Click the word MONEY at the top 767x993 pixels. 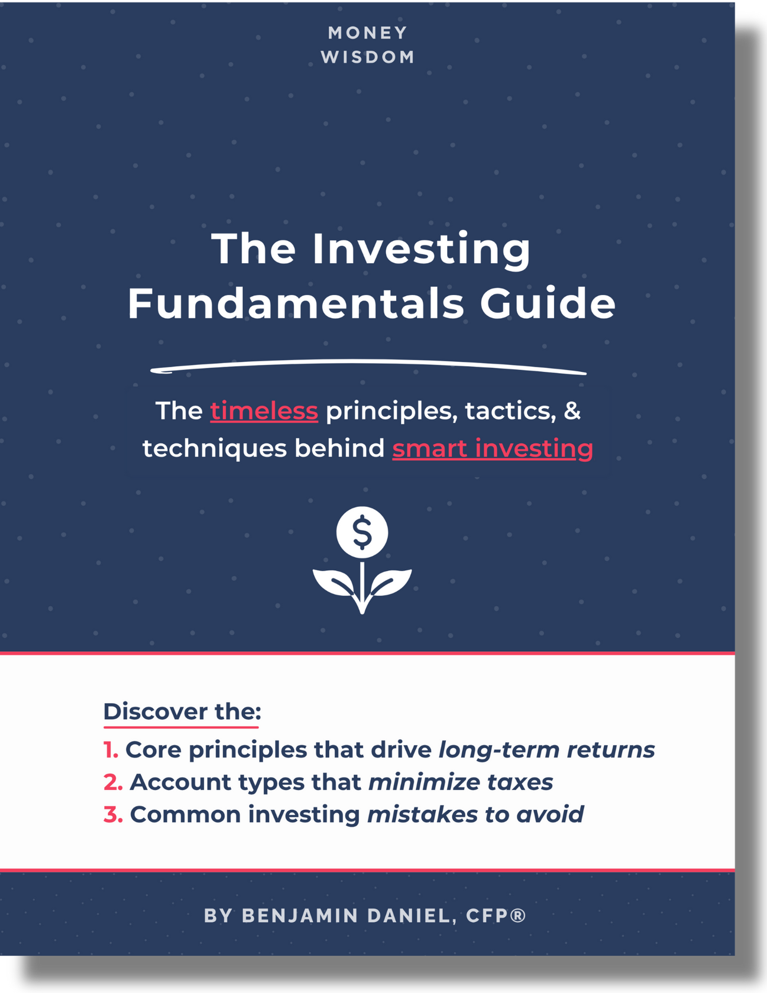click(x=368, y=33)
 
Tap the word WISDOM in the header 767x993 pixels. click(x=368, y=57)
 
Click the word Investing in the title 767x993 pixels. click(x=422, y=250)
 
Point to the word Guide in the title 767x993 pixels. click(x=548, y=303)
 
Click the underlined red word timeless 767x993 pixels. click(x=264, y=411)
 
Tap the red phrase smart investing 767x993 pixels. click(x=493, y=449)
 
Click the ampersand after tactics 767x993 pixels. click(x=572, y=411)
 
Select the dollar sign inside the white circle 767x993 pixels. click(x=362, y=532)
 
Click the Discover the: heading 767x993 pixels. click(x=182, y=711)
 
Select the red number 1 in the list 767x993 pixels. click(x=111, y=750)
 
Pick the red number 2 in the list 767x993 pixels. click(x=113, y=782)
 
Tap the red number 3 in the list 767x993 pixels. click(x=113, y=815)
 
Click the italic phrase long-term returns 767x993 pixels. click(x=546, y=750)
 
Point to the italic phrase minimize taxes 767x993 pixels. click(x=461, y=782)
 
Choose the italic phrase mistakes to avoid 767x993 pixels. click(x=475, y=815)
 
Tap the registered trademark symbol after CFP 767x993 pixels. click(x=518, y=915)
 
